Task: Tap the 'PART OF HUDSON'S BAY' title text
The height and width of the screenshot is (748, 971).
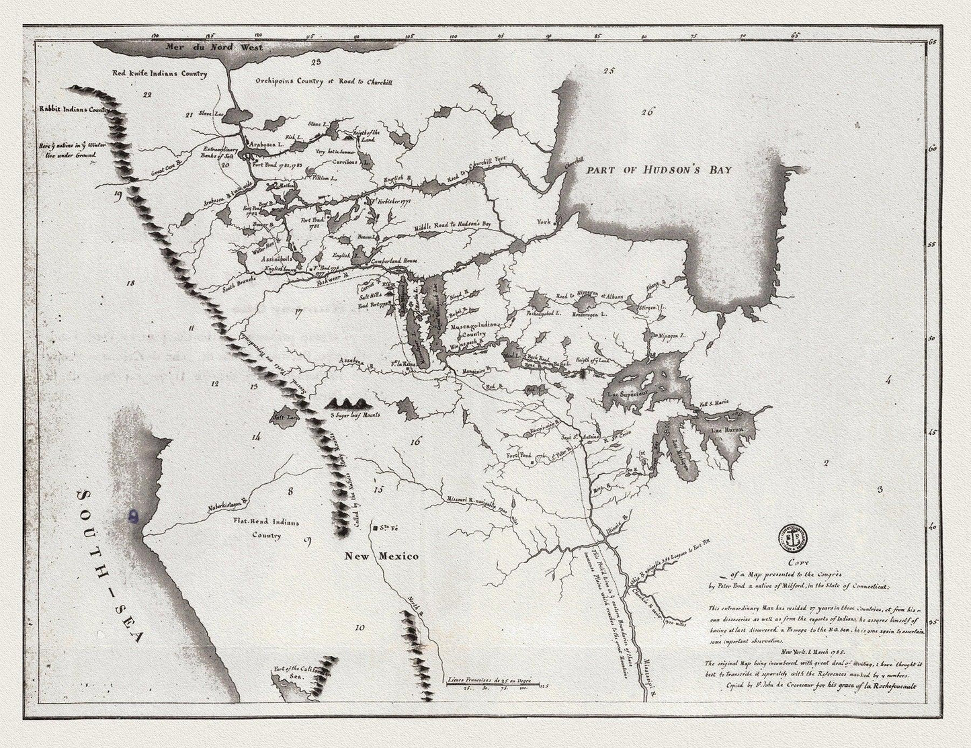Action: tap(659, 170)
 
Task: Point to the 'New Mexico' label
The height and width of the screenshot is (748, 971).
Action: tap(382, 556)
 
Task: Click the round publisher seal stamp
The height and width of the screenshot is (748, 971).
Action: tap(794, 538)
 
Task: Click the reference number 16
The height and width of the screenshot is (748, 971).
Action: tap(415, 442)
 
